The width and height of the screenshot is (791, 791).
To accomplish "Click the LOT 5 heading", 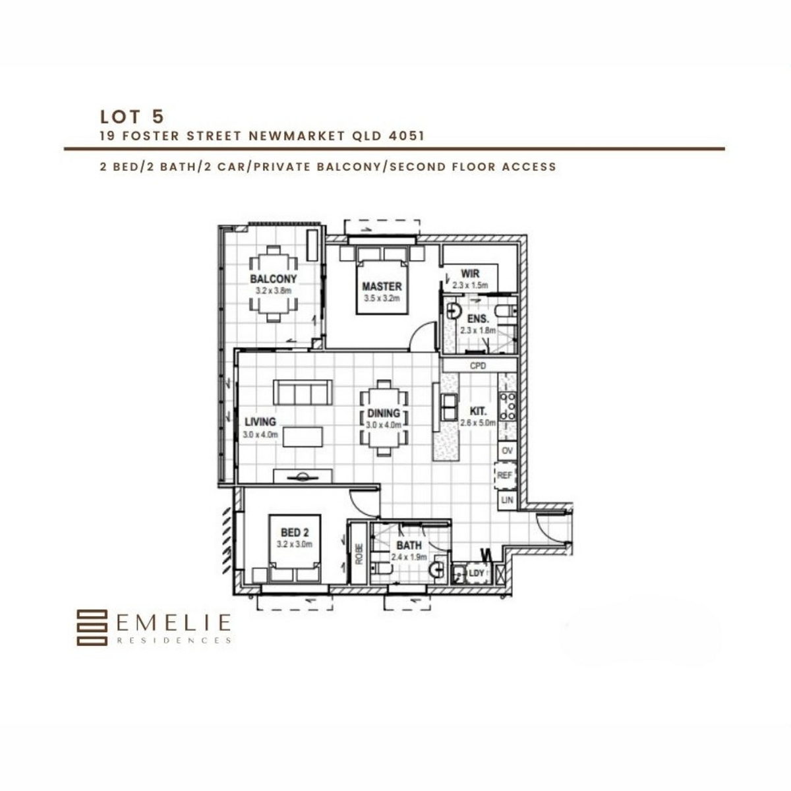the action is pyautogui.click(x=132, y=117).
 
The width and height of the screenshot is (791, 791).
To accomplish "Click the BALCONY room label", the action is pyautogui.click(x=274, y=279).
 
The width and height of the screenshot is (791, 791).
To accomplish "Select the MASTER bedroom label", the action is pyautogui.click(x=382, y=286).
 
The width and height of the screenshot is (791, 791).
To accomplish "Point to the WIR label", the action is pyautogui.click(x=470, y=274).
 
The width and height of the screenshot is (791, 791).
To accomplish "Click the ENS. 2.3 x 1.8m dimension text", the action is pyautogui.click(x=478, y=330).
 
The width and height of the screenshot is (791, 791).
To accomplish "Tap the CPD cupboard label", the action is pyautogui.click(x=478, y=365).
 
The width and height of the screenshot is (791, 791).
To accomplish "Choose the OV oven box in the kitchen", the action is pyautogui.click(x=507, y=451).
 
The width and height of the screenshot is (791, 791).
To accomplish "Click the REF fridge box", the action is pyautogui.click(x=504, y=475).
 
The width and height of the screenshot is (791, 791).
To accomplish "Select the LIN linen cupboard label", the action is pyautogui.click(x=508, y=500).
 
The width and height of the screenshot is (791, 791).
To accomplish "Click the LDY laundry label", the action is pyautogui.click(x=476, y=573).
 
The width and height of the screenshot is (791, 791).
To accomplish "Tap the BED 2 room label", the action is pyautogui.click(x=295, y=533).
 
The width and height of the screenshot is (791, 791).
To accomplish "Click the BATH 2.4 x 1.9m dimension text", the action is pyautogui.click(x=409, y=557).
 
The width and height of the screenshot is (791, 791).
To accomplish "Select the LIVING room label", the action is pyautogui.click(x=260, y=422).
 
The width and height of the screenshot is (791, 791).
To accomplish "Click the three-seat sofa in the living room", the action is pyautogui.click(x=303, y=393).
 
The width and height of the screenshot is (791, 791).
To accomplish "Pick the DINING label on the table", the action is pyautogui.click(x=384, y=413).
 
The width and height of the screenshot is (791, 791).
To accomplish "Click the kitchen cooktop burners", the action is pyautogui.click(x=507, y=407).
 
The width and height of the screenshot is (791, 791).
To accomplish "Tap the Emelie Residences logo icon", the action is pyautogui.click(x=92, y=628).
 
